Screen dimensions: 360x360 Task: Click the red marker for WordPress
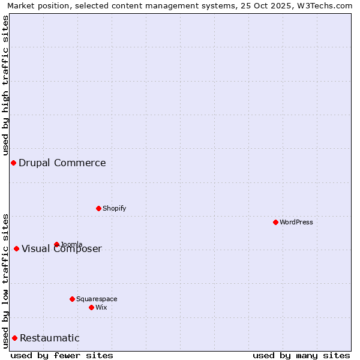pos(275,222)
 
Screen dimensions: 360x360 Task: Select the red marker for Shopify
pos(98,208)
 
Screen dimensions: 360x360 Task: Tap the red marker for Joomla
pos(56,244)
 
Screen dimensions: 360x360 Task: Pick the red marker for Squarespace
pos(72,299)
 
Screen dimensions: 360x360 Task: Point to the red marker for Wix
pos(91,307)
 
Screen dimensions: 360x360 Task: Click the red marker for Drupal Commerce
pos(13,163)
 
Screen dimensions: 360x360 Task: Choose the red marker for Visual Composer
pos(16,248)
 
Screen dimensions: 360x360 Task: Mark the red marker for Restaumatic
pos(14,338)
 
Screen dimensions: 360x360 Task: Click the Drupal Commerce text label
pos(62,163)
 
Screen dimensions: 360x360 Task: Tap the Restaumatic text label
pos(50,338)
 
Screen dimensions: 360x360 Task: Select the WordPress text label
pos(296,222)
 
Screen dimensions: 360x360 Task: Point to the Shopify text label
pos(115,208)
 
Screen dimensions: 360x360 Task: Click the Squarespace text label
pos(97,299)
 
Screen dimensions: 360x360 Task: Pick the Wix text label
pos(101,307)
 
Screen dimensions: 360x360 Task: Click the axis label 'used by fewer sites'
pos(62,355)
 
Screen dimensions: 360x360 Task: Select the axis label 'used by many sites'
pos(301,355)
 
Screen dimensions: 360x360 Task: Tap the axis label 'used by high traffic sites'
pos(5,85)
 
